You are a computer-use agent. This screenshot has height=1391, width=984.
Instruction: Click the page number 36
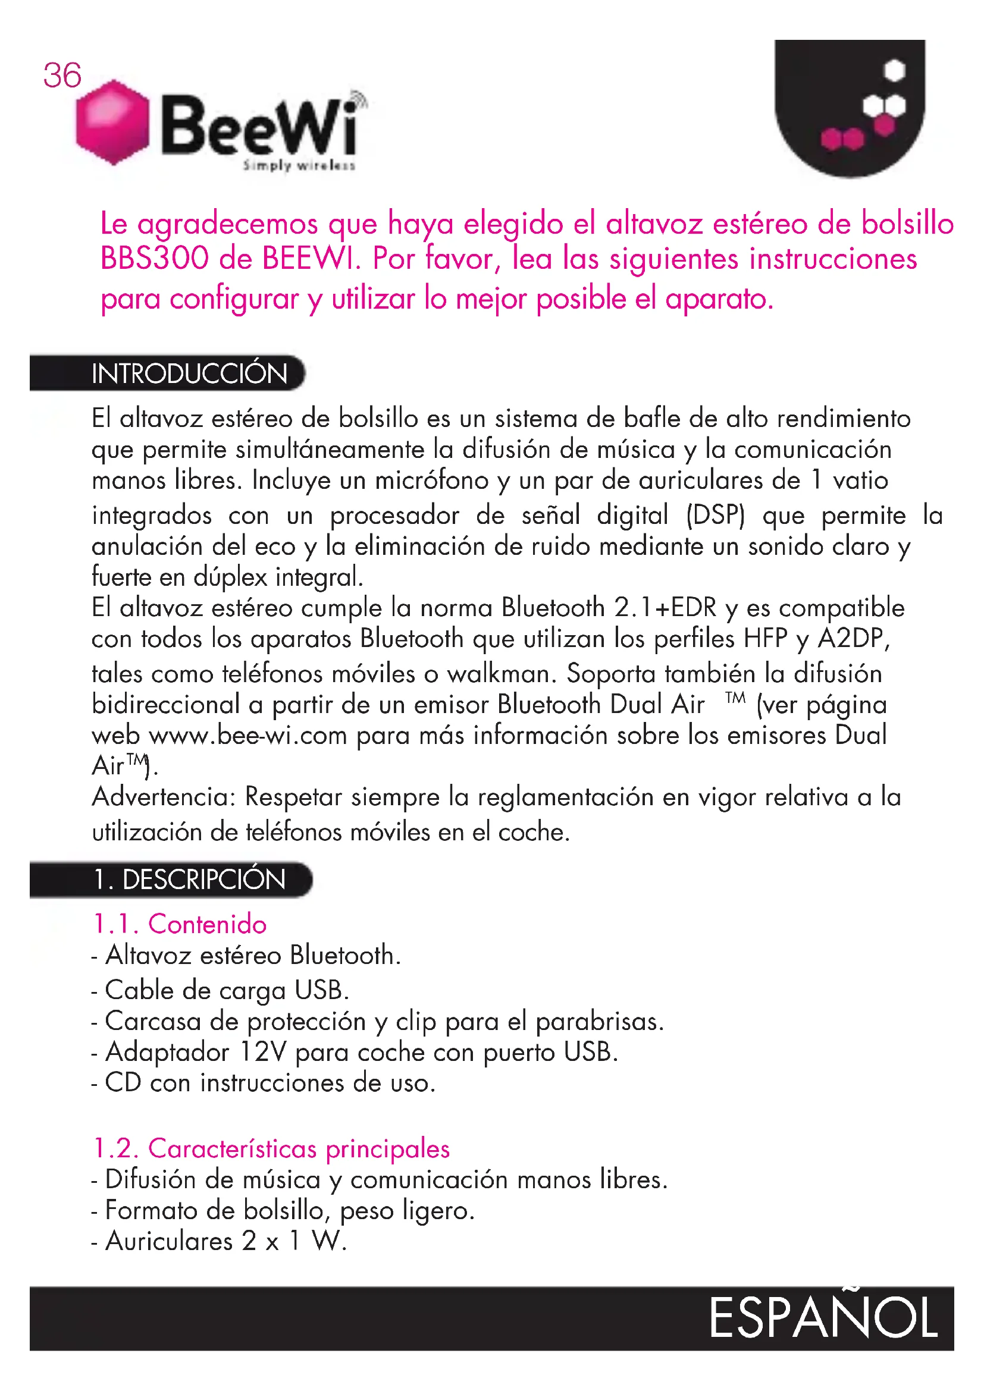[62, 76]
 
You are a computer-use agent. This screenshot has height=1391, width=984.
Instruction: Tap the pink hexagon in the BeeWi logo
[112, 122]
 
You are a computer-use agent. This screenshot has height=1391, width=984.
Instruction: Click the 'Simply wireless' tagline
[299, 165]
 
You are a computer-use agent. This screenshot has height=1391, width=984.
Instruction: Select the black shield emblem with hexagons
[850, 106]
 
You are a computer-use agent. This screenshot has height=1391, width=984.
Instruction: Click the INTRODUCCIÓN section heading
[189, 373]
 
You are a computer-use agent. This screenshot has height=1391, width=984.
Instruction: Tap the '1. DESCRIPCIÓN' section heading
[189, 880]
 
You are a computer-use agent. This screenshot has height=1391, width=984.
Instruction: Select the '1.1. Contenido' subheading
[180, 925]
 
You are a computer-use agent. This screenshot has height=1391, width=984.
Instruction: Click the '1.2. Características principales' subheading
[271, 1149]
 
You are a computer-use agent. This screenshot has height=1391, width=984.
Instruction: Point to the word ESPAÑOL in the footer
[823, 1318]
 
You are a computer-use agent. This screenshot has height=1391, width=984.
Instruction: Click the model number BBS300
[155, 258]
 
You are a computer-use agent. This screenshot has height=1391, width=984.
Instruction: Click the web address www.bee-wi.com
[248, 736]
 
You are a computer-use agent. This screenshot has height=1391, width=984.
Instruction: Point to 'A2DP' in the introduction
[853, 639]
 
